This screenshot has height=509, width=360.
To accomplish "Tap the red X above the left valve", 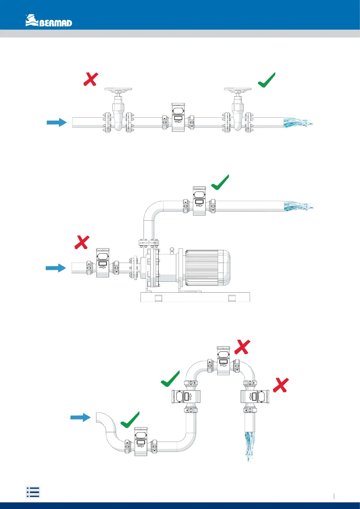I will coord(91,79).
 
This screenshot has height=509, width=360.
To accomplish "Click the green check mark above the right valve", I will coord(267,80).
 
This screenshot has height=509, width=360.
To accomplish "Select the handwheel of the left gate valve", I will coord(118,90).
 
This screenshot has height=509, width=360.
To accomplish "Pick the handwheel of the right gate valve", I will coord(238,90).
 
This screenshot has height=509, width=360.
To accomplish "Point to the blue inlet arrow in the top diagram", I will coord(57,122).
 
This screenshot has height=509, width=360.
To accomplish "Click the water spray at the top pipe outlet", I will coord(298,123).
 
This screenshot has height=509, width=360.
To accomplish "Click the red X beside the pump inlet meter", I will coord(82,242).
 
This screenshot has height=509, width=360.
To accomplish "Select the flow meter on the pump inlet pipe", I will coord(102,263).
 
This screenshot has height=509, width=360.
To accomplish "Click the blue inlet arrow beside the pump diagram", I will coord(56,268).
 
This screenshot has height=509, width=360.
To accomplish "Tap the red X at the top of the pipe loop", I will coord(242,347).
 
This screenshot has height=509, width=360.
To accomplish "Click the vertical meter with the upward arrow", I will coord(186,396).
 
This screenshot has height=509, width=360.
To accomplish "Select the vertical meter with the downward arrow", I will coord(255,396).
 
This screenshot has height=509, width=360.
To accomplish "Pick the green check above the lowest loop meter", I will coord(130,420).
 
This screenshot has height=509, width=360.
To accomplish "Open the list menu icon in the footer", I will coord(33,492).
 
